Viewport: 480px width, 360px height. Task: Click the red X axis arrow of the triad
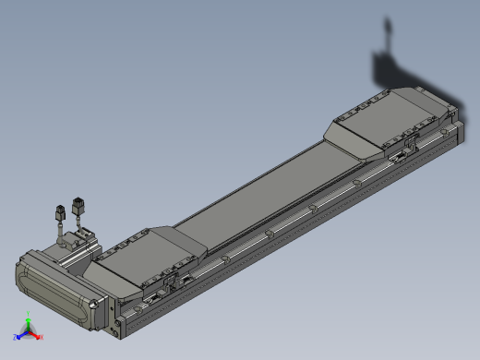(38, 336)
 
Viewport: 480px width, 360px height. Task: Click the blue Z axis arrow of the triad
(19, 335)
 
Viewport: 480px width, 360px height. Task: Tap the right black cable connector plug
(78, 205)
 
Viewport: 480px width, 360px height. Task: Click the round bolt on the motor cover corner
(94, 305)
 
